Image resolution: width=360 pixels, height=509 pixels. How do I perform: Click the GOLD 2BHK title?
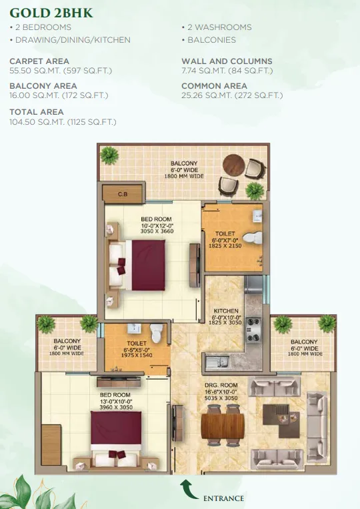tap(51, 13)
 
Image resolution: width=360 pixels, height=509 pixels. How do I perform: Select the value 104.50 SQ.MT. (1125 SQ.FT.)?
tap(63, 122)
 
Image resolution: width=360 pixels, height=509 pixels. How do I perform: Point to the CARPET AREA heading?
tap(39, 61)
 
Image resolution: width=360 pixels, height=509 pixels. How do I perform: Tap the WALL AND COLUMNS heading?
tap(227, 61)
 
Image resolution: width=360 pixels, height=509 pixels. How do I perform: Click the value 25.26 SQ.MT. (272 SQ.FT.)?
tap(232, 95)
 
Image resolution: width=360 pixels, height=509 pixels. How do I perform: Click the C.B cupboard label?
tap(123, 194)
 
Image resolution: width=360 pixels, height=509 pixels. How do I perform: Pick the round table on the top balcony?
tap(234, 165)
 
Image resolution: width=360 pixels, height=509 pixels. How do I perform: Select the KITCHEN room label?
tap(226, 311)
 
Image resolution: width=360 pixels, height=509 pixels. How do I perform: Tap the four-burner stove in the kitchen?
tap(253, 330)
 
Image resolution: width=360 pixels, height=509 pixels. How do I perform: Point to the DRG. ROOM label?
tap(221, 386)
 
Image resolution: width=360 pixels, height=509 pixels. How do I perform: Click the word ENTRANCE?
tap(223, 498)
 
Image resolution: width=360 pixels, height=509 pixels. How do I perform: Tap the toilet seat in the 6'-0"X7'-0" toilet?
tap(252, 237)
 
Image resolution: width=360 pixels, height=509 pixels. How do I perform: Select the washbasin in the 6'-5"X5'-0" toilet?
tap(134, 328)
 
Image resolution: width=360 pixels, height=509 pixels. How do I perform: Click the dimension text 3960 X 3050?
tap(116, 407)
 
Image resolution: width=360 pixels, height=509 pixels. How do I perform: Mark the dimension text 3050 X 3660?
tap(157, 231)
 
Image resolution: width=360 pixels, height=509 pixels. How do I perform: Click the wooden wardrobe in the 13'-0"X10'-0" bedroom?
tap(51, 444)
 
